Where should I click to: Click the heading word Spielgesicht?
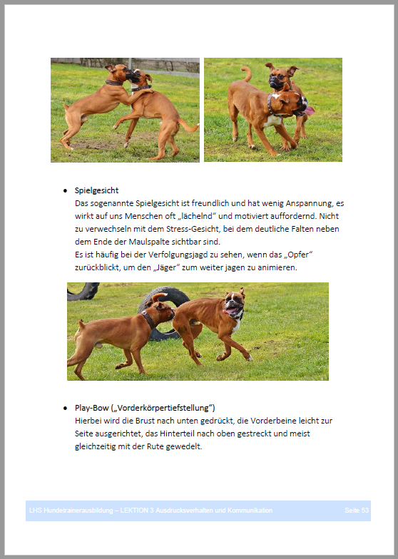coord(96,190)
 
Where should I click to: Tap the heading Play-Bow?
coord(91,408)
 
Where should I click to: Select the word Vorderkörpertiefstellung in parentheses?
coord(163,408)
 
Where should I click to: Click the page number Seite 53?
coord(357,511)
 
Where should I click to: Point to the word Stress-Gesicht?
coord(192,229)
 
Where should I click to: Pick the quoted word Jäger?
coord(166,267)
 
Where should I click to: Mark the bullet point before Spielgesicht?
coord(65,191)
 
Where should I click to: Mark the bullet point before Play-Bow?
coord(65,408)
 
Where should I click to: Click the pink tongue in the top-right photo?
coord(310,111)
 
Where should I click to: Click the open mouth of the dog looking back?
coord(233,310)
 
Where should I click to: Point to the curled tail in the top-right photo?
coord(246,74)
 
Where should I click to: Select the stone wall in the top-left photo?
coord(139,65)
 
